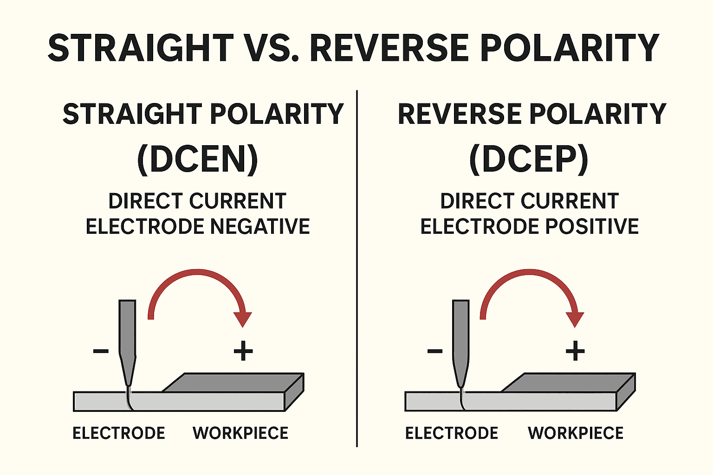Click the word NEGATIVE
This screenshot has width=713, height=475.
point(260,226)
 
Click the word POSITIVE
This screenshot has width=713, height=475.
point(592,226)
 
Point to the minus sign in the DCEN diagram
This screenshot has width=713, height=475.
point(101,351)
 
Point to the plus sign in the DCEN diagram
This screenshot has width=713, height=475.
point(243,351)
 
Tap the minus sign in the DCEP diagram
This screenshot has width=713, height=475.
point(434,351)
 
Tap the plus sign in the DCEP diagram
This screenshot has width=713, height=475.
point(575,351)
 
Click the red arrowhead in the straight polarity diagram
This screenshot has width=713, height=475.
point(242,319)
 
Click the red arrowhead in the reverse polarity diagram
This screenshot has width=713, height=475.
point(575,319)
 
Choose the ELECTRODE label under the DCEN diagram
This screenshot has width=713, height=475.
point(119,433)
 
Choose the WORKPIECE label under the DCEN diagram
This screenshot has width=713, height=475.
point(240,433)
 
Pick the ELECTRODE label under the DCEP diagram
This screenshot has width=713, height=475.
point(452,433)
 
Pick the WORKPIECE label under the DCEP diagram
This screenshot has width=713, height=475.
point(576,433)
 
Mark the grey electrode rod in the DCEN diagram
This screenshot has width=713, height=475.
point(128,334)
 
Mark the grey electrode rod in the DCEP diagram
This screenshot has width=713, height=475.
point(460,334)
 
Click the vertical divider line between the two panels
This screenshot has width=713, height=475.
point(356,269)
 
